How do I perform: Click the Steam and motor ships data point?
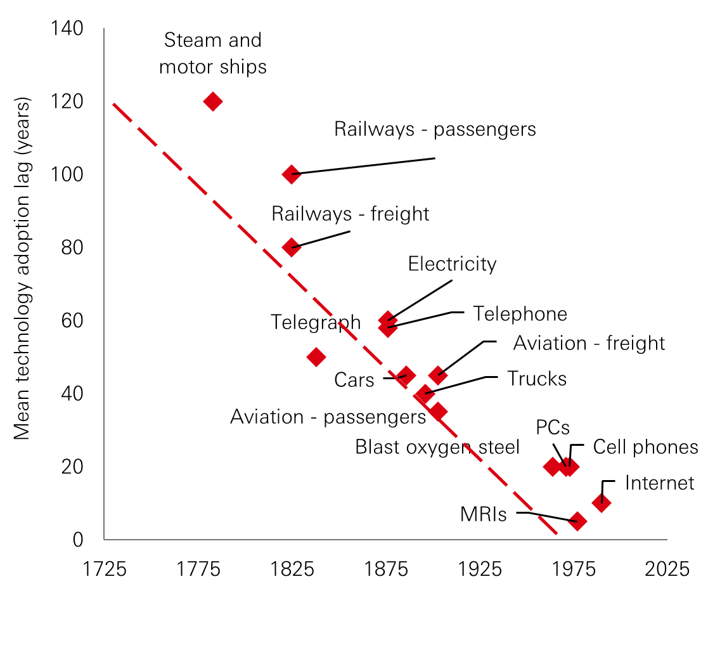pos(213,101)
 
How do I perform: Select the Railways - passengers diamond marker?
pos(292,174)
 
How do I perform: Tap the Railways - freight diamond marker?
pos(292,247)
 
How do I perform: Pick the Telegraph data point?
pos(316,356)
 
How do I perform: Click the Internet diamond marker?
pos(602,503)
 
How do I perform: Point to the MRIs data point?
pos(577,521)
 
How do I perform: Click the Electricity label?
pos(452,264)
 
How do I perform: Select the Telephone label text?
pos(520,314)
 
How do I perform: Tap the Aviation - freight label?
pos(589,343)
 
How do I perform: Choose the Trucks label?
pos(536,379)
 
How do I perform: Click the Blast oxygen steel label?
pos(437,447)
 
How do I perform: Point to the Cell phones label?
pos(645,447)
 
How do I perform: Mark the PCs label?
pos(553,426)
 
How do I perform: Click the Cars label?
pos(354,381)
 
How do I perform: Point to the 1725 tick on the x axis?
pos(105,569)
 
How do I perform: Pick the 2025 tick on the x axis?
pos(667,569)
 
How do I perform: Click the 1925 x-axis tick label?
pos(480,569)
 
